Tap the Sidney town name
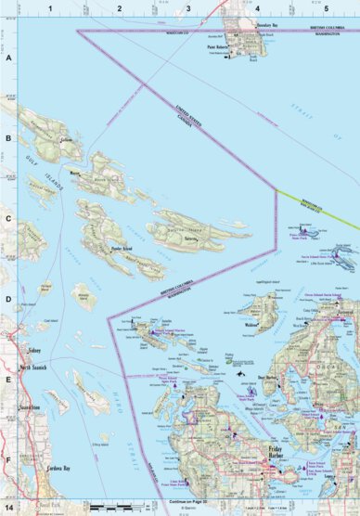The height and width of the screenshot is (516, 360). (31, 354)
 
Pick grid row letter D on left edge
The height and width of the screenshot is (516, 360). (9, 300)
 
